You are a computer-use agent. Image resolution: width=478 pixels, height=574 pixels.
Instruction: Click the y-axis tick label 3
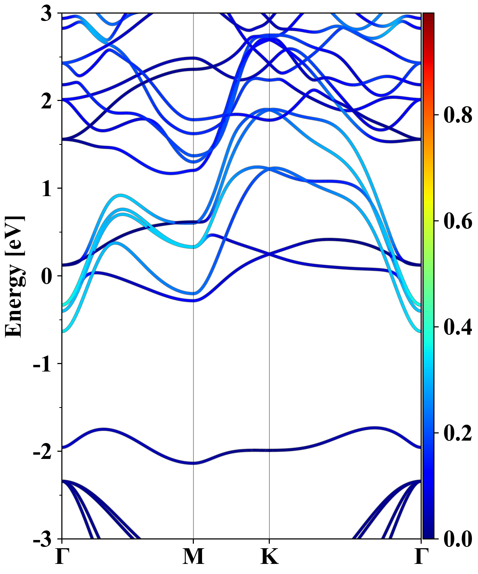click(x=46, y=14)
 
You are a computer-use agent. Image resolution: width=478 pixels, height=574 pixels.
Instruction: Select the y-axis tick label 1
click(x=46, y=189)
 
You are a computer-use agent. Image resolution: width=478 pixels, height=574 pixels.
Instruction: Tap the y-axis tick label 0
click(x=46, y=277)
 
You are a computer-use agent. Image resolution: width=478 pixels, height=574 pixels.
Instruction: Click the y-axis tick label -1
click(x=42, y=364)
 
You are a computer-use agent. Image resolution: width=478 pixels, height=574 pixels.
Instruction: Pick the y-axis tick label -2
click(x=42, y=452)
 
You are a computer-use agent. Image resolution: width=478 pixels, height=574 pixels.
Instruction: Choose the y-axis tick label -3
click(x=42, y=539)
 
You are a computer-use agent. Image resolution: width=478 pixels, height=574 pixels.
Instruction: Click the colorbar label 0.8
click(x=458, y=115)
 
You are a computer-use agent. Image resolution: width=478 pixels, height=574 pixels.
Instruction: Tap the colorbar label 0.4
click(x=458, y=327)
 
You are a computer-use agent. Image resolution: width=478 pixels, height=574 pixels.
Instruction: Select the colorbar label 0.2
click(x=458, y=433)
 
